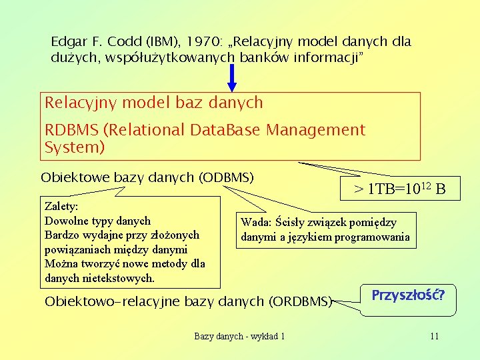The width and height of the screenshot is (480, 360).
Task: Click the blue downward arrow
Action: pyautogui.click(x=232, y=77)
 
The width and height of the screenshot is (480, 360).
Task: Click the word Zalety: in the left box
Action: pyautogui.click(x=61, y=207)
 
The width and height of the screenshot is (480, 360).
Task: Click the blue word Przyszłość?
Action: pyautogui.click(x=408, y=294)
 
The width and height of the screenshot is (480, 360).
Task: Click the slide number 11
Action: pyautogui.click(x=434, y=336)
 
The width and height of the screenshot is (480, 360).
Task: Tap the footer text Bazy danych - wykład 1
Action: pyautogui.click(x=239, y=336)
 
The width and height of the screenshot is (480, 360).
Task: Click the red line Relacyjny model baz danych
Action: pyautogui.click(x=154, y=103)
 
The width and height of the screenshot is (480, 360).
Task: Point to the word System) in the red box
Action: pyautogui.click(x=74, y=147)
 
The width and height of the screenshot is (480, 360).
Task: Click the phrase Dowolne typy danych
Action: pyautogui.click(x=97, y=221)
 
